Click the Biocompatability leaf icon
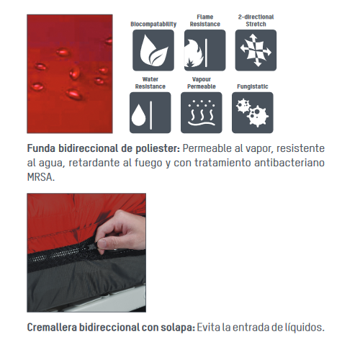click(x=153, y=50)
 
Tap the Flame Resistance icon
click(x=204, y=50)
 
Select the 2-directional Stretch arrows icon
click(x=256, y=50)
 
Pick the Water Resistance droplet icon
click(x=150, y=112)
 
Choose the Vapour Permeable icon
click(x=202, y=112)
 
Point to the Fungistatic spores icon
click(x=253, y=112)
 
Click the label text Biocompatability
click(x=153, y=24)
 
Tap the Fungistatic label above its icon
click(x=253, y=86)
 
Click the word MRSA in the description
click(x=41, y=177)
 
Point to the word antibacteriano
click(x=289, y=163)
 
